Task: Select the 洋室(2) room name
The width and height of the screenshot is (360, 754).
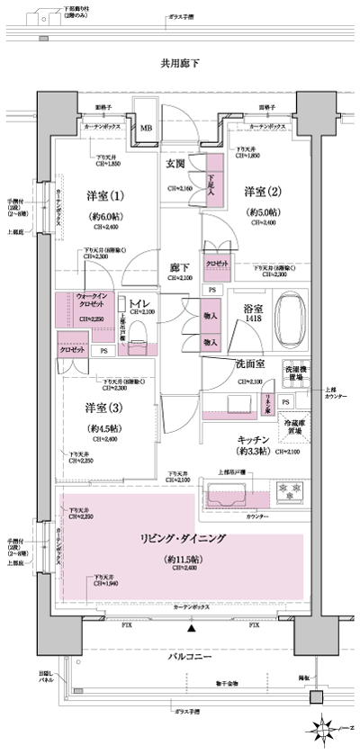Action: tap(262, 192)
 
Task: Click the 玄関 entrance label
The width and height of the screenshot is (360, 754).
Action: tap(175, 164)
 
